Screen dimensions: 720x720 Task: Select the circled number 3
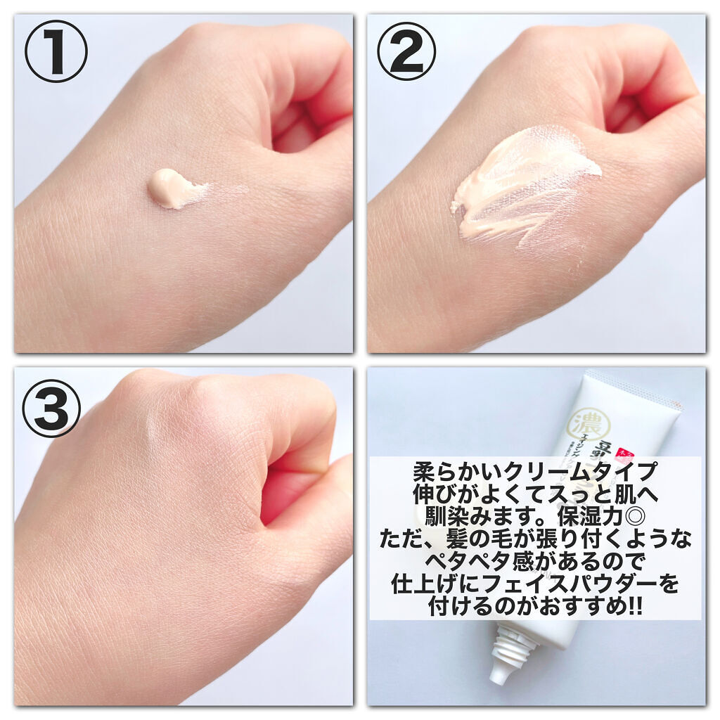click(x=51, y=407)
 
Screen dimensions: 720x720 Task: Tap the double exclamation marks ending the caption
click(x=634, y=606)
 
